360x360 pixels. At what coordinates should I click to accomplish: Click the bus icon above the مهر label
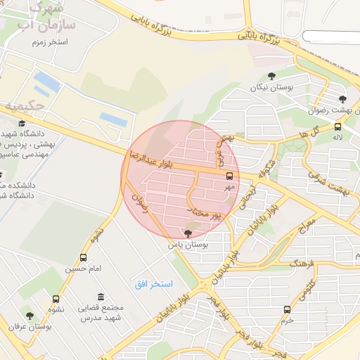click(x=230, y=176)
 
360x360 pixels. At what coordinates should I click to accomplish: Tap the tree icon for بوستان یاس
click(x=188, y=233)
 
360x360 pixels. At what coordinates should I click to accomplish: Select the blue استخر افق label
click(x=154, y=283)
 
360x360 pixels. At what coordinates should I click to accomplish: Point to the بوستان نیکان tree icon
click(x=271, y=76)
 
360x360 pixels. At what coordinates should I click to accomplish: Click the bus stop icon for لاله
click(x=338, y=127)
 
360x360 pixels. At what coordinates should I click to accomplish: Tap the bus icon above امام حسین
click(x=84, y=258)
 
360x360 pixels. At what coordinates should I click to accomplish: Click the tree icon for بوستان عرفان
click(x=30, y=315)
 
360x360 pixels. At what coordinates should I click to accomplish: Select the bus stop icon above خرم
click(x=287, y=309)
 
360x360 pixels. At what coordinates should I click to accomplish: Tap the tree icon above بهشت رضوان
click(x=342, y=99)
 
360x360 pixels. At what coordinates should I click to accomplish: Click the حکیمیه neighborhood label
click(x=25, y=106)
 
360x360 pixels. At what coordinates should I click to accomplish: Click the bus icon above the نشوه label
click(x=56, y=299)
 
